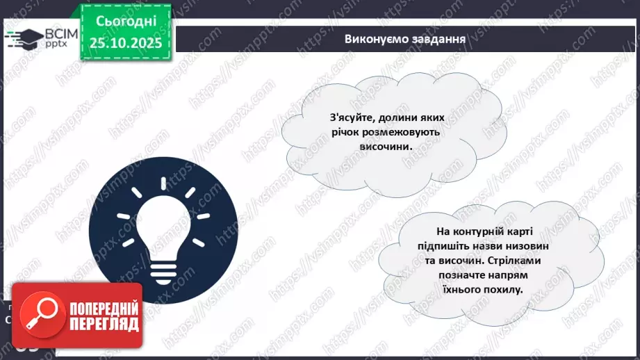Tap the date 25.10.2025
(x=125, y=43)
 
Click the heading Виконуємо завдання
(x=404, y=38)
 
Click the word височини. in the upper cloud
(x=381, y=147)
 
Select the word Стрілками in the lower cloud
(x=511, y=261)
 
